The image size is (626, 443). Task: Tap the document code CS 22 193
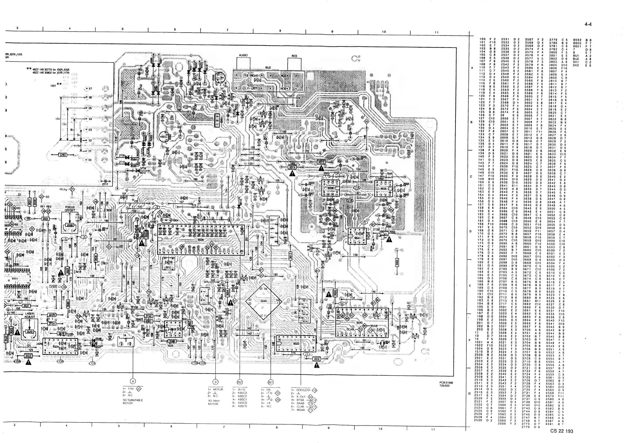point(561,431)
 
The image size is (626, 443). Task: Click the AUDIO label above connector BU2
point(243,55)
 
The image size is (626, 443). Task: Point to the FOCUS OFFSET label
point(70,209)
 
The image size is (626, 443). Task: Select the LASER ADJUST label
point(29,315)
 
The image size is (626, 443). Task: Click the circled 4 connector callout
point(133,381)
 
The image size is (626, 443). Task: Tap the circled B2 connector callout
point(240,382)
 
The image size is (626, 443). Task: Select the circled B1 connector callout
point(271,382)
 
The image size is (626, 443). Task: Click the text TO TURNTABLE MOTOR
point(133,401)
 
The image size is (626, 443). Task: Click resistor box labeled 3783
point(63,155)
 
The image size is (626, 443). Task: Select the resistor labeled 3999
point(397,263)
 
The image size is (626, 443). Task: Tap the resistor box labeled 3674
point(292,167)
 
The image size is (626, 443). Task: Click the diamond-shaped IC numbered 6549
point(263,301)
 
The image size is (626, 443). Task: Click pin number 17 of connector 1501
point(90,89)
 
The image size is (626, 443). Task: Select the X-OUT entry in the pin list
point(301,397)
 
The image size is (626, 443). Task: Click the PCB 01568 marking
point(446,383)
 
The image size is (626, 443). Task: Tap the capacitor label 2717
point(105,184)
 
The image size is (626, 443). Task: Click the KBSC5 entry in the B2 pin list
point(242,406)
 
